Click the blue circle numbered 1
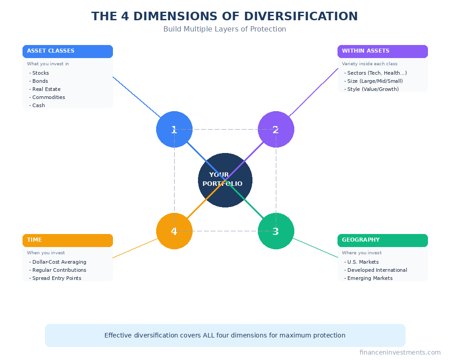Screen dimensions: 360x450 pos(174,129)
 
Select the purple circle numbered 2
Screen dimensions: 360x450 pos(276,129)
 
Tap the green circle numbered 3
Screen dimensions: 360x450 pos(276,231)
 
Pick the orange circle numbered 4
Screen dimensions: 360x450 pos(174,231)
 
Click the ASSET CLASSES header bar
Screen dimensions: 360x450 pos(67,51)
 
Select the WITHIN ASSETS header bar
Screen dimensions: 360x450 pos(382,51)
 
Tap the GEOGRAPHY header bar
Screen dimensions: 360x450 pos(382,240)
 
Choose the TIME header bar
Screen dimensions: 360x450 pos(67,240)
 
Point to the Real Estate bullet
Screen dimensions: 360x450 pos(46,89)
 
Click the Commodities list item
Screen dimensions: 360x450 pos(48,97)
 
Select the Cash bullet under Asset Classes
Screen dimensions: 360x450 pos(38,105)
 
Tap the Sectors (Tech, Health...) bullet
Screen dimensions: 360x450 pos(377,73)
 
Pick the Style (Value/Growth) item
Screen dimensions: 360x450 pos(373,89)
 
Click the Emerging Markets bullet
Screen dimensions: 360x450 pos(369,278)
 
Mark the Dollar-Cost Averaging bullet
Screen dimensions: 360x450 pos(59,262)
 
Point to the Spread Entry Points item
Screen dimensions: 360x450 pos(56,278)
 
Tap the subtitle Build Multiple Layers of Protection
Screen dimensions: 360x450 pos(225,29)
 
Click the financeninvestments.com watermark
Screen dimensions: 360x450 pos(400,352)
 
